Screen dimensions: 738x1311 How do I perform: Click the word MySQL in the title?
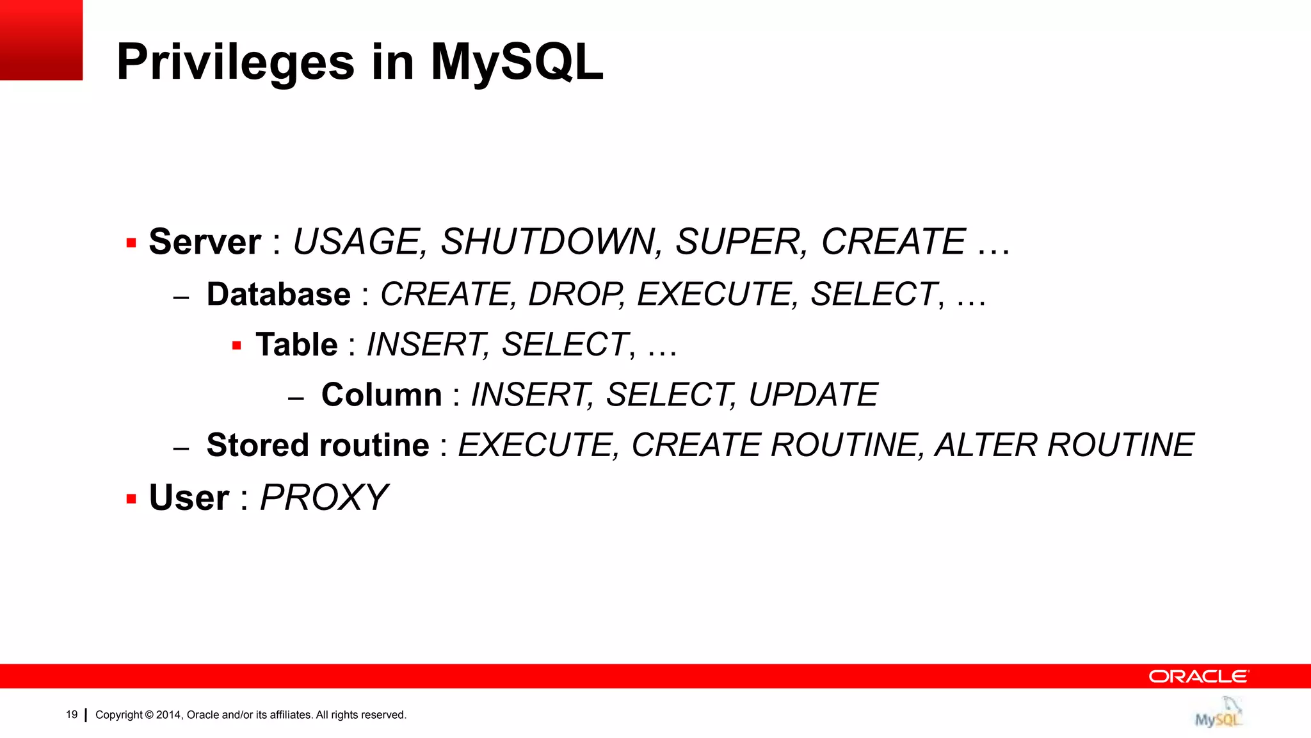pos(516,62)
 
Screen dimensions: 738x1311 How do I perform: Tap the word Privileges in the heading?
pos(235,62)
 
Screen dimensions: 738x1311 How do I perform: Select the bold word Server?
pos(205,242)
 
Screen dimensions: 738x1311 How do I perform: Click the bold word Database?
pos(278,295)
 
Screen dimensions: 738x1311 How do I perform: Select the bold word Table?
pos(296,345)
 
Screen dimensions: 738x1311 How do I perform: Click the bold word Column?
pos(382,395)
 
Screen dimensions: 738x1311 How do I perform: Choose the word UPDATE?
pos(813,395)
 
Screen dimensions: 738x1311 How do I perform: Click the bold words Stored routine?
pos(318,445)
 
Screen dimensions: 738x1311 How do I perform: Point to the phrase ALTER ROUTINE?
pos(1064,445)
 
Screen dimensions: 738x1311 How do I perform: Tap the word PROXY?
pos(323,498)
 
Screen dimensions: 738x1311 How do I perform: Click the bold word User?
pos(189,498)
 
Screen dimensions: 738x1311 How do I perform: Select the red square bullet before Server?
pos(131,243)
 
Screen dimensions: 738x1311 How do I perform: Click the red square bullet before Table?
pos(236,346)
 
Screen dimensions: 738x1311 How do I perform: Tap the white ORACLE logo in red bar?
pos(1198,676)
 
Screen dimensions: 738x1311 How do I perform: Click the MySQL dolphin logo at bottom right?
pos(1218,712)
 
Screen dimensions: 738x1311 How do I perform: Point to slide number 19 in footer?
pos(72,714)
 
